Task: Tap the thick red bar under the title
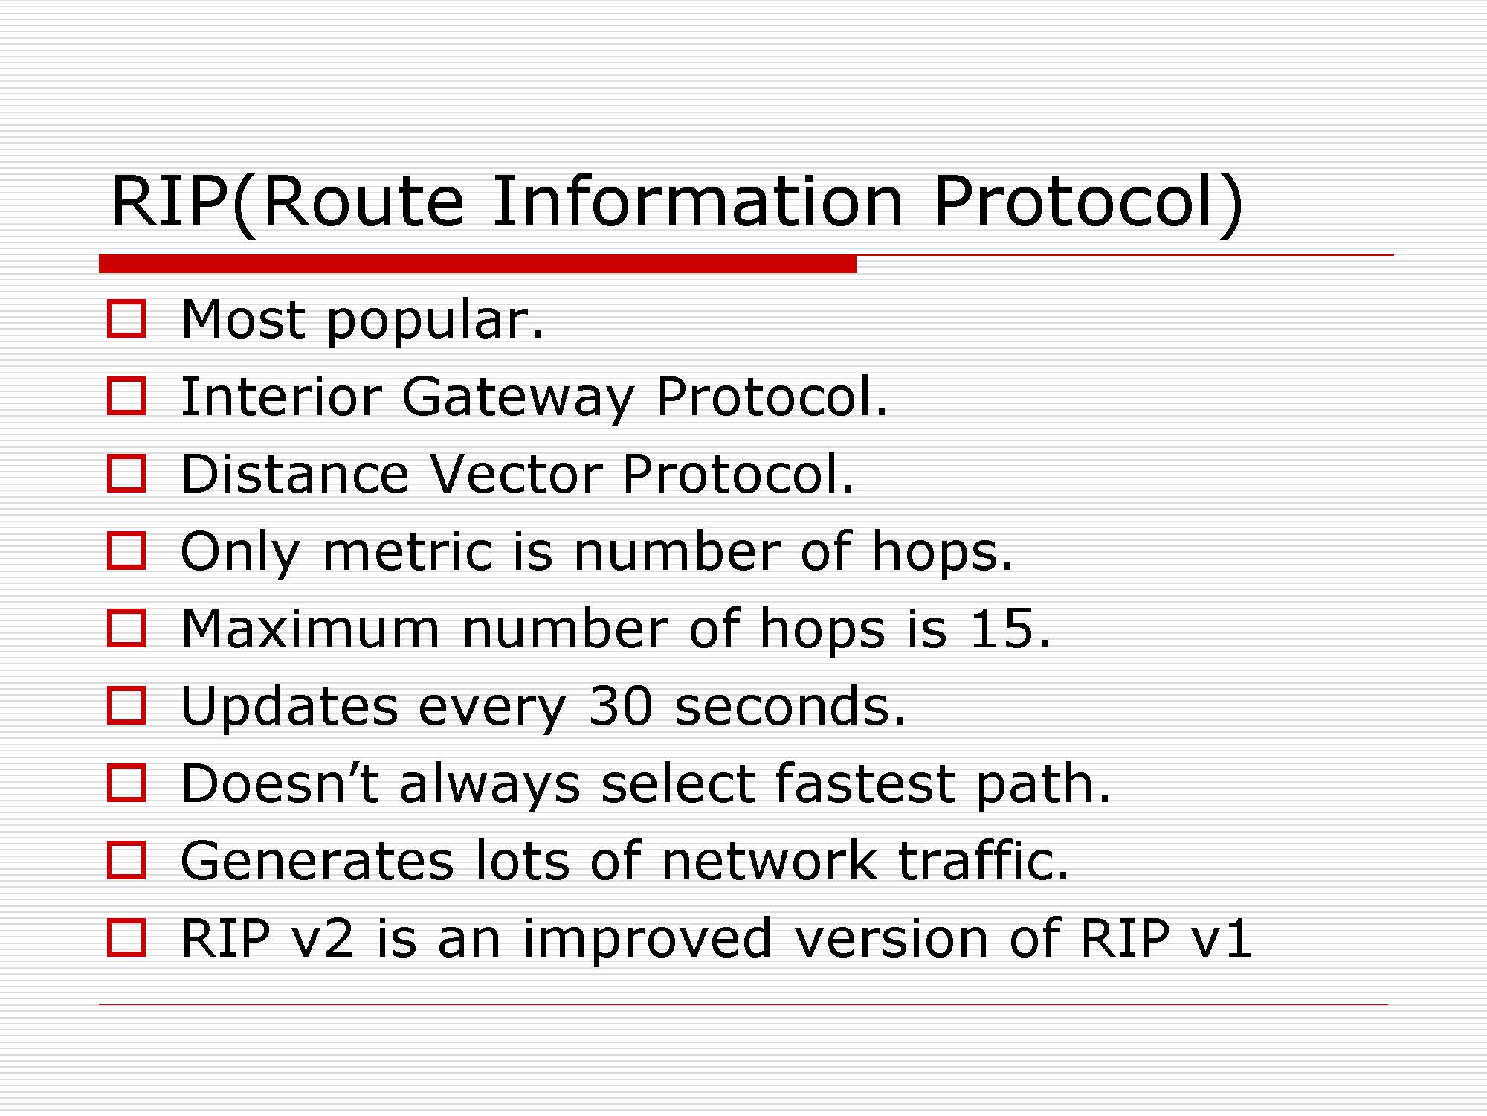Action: pyautogui.click(x=477, y=263)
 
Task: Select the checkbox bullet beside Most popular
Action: pyautogui.click(x=126, y=318)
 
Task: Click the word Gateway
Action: pyautogui.click(x=518, y=397)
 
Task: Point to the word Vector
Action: pyautogui.click(x=517, y=474)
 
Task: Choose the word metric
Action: pyautogui.click(x=408, y=552)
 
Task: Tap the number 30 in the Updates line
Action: pyautogui.click(x=621, y=706)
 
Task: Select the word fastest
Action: pyautogui.click(x=865, y=783)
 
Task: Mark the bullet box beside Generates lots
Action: pyautogui.click(x=126, y=860)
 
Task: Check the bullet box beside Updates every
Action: pyautogui.click(x=126, y=705)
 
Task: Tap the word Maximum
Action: pyautogui.click(x=311, y=629)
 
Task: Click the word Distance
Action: pyautogui.click(x=295, y=474)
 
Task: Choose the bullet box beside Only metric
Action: pyautogui.click(x=126, y=551)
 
